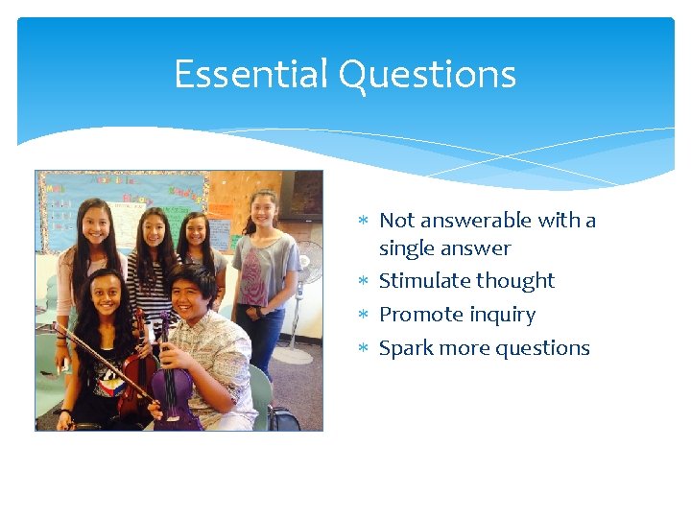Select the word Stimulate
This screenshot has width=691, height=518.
click(x=423, y=281)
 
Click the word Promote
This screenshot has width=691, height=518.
click(x=419, y=315)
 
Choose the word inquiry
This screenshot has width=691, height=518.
click(x=500, y=315)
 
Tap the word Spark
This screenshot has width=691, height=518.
click(x=406, y=348)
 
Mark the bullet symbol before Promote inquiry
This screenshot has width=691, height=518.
click(x=364, y=316)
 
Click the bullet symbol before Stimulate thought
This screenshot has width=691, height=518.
click(x=364, y=282)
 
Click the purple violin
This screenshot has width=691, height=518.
click(x=173, y=384)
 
